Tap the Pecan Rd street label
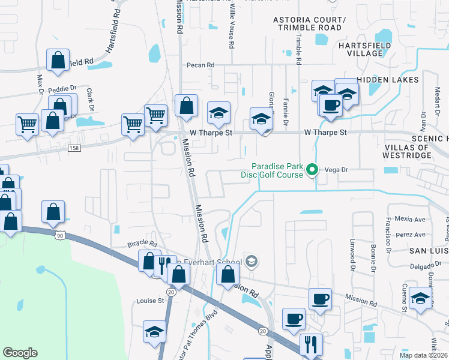click(200, 65)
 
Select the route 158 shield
click(74, 148)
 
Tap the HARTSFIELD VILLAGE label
click(364, 49)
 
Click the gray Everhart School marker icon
click(252, 262)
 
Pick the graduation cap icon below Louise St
click(154, 331)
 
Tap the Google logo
click(20, 353)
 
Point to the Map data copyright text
click(424, 355)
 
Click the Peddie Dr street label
click(63, 88)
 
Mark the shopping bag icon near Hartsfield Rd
click(58, 60)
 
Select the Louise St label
click(150, 301)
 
